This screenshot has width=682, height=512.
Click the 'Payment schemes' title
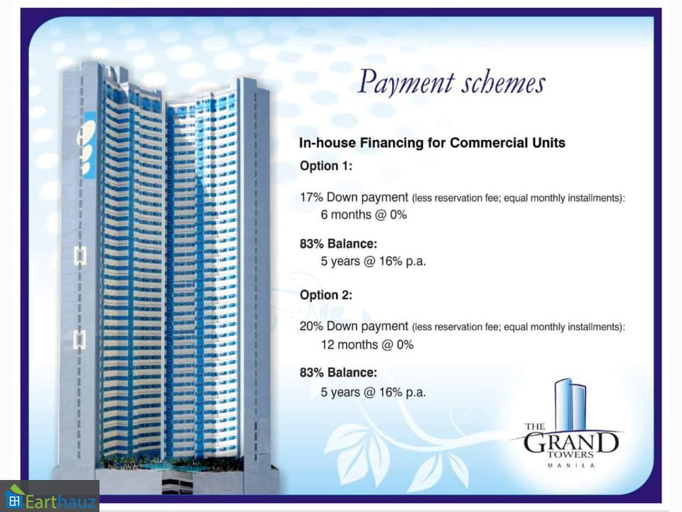(451, 82)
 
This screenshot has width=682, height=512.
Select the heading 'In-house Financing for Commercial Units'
(432, 143)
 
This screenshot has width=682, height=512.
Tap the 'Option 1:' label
(326, 166)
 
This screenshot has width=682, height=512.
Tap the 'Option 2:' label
(326, 294)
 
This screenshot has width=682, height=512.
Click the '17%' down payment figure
(311, 197)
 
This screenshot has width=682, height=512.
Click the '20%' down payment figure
(311, 326)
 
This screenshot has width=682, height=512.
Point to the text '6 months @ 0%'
(364, 215)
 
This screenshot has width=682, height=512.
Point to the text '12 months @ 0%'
(367, 345)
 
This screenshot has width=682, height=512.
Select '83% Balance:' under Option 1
(338, 244)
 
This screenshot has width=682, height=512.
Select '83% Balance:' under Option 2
(338, 373)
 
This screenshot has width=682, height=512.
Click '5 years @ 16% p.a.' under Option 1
(373, 261)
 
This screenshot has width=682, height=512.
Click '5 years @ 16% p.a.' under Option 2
(373, 393)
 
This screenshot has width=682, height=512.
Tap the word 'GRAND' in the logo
(570, 443)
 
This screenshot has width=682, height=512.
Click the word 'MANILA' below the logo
(570, 465)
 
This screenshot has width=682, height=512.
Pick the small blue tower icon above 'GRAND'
(570, 404)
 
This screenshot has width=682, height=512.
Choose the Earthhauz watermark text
(60, 501)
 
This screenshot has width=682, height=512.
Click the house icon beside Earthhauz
(14, 496)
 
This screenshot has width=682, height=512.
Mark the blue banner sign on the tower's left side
(90, 145)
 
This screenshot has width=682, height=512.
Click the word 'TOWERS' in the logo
(570, 455)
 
